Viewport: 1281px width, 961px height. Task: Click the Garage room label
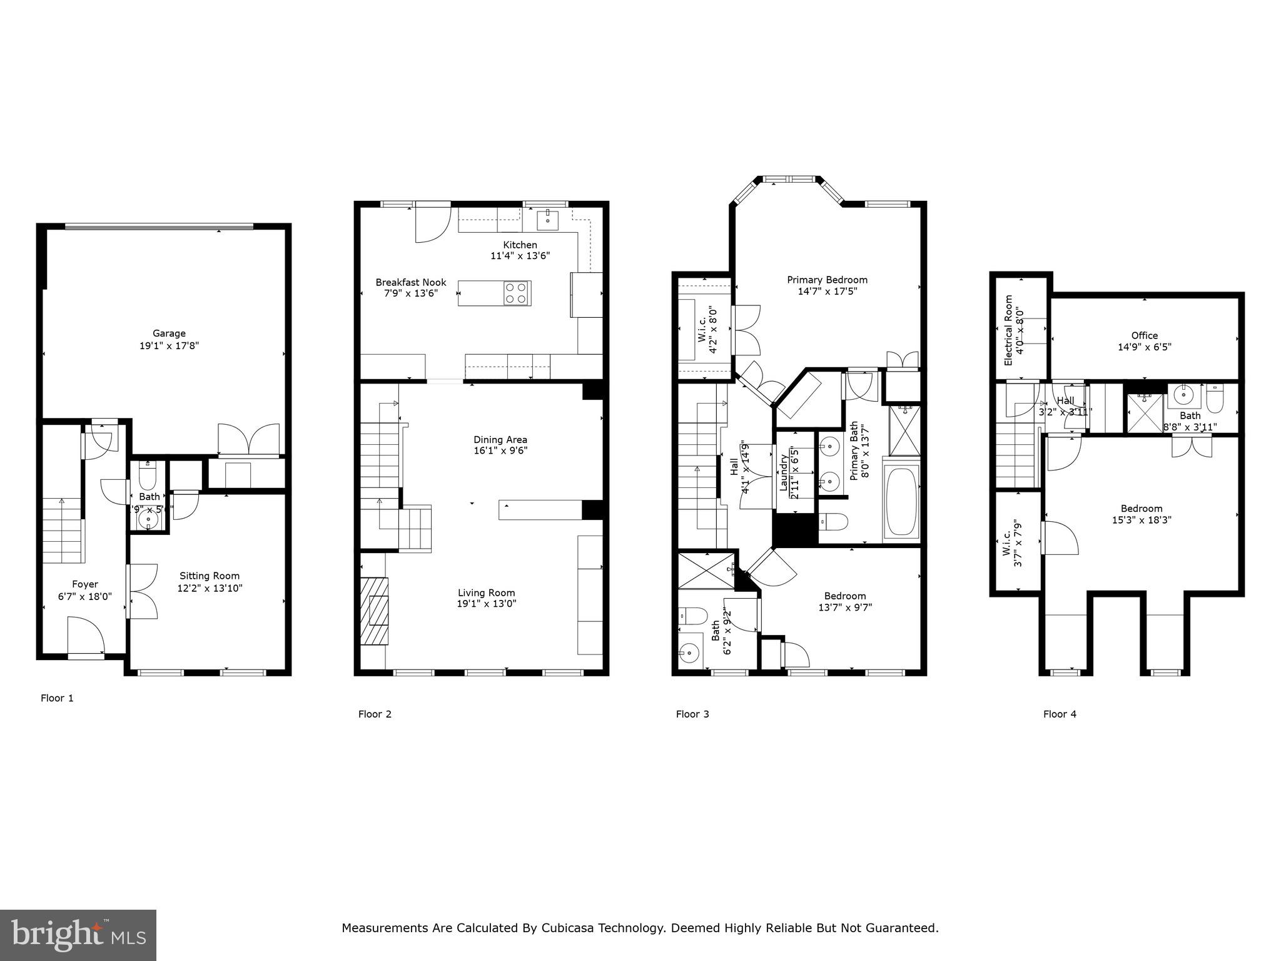pos(169,333)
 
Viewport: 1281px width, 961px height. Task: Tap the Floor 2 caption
pos(375,714)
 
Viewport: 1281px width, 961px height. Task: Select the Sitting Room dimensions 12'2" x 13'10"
pos(210,588)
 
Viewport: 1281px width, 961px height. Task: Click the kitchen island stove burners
pos(517,293)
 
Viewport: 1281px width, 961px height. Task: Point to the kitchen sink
pos(548,220)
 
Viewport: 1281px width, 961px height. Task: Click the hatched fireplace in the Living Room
pos(374,611)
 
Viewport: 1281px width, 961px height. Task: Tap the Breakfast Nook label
pos(411,282)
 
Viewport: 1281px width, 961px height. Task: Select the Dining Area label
pos(500,439)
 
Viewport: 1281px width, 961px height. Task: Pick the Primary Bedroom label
pos(827,280)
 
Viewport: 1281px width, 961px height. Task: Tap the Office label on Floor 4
pos(1144,335)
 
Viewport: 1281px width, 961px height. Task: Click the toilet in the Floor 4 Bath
pos(1215,400)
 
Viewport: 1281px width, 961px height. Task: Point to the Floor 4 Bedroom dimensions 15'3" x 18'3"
pos(1142,520)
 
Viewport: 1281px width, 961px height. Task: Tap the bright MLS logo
pos(78,935)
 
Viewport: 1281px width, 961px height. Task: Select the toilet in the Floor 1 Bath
pos(148,478)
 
